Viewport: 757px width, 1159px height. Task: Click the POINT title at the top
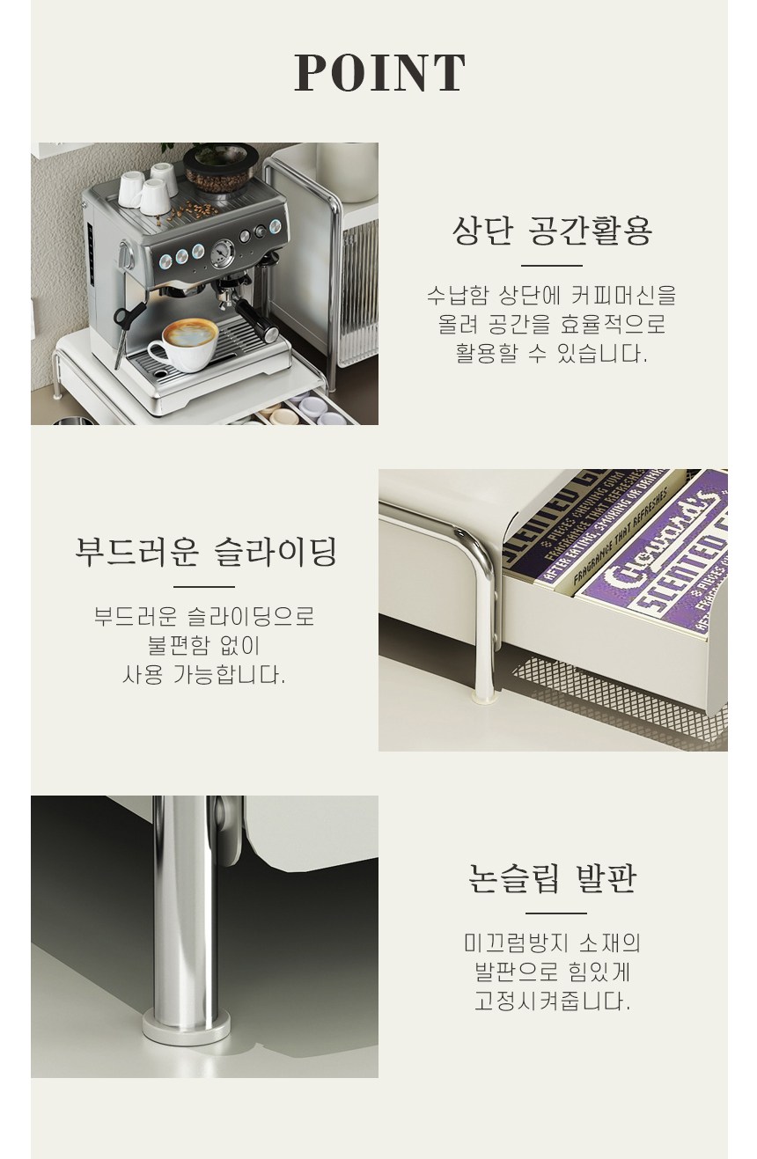379,73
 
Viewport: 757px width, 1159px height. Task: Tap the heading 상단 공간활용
552,231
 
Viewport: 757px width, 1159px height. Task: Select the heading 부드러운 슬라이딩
205,552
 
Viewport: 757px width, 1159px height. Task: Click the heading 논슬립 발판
552,878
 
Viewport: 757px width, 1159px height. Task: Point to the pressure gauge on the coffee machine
223,253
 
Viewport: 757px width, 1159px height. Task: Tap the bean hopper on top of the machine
221,166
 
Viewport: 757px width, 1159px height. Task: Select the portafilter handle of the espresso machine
256,321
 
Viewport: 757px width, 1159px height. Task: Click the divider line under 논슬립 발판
555,913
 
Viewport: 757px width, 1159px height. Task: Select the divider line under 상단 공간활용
552,266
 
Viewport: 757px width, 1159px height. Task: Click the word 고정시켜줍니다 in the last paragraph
552,1001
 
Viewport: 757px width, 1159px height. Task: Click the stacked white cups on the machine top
149,188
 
